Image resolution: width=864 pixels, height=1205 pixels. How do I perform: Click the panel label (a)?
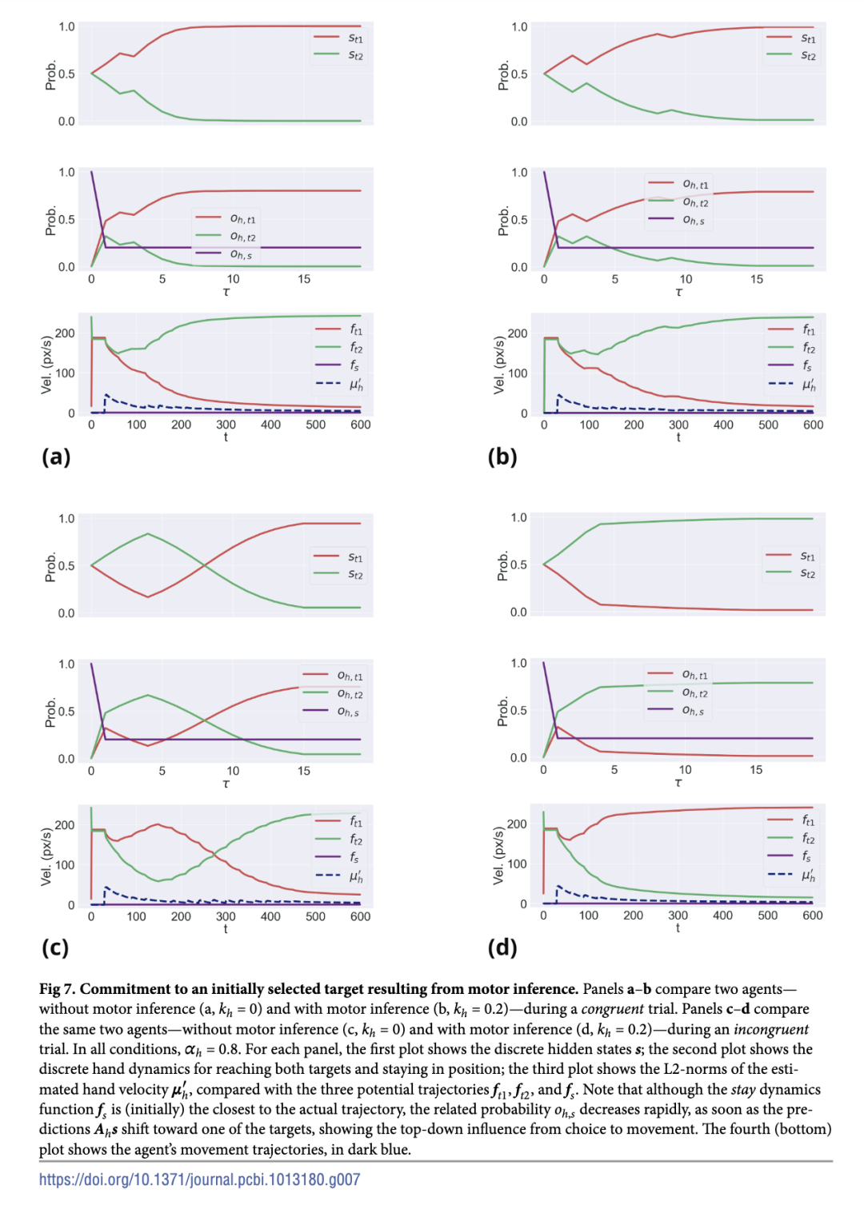click(56, 457)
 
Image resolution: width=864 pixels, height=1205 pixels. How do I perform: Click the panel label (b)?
click(502, 457)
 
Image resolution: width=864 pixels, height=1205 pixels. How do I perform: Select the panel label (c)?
click(55, 948)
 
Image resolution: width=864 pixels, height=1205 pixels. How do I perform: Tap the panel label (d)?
click(502, 948)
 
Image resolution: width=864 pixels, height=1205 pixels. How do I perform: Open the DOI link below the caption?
click(199, 1179)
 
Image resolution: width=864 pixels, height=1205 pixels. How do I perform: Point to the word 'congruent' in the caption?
click(612, 1009)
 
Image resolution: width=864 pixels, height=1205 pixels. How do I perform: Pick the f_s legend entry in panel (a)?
click(354, 365)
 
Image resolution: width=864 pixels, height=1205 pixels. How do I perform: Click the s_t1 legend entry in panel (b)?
click(808, 38)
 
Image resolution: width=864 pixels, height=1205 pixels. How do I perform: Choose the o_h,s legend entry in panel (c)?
click(348, 711)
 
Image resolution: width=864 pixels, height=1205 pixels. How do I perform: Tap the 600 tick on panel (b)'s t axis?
click(813, 425)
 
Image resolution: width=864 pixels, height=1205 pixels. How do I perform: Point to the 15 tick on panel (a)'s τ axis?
click(304, 279)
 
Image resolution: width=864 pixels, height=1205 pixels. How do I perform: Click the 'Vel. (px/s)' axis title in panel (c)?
click(46, 856)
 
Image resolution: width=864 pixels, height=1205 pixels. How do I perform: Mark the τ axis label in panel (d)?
click(678, 782)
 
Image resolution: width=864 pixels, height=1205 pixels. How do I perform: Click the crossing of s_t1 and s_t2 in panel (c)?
click(204, 565)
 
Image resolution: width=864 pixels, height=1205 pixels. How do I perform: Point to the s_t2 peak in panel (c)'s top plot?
click(148, 533)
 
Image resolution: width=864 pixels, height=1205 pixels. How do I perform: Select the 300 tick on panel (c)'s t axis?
click(226, 916)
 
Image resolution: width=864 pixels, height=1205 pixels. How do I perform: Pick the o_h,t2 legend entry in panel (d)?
click(694, 692)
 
